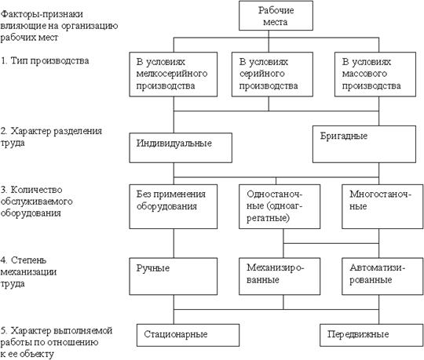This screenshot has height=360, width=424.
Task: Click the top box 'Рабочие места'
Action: pyautogui.click(x=276, y=16)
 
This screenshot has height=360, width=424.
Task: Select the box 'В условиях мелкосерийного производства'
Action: pyautogui.click(x=173, y=75)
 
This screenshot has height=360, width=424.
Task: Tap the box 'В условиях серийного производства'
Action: pyautogui.click(x=272, y=75)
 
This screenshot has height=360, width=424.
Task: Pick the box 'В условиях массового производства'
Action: pyautogui.click(x=375, y=75)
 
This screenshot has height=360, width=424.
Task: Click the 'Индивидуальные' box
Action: pyautogui.click(x=181, y=147)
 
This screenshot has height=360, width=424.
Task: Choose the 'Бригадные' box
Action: pyautogui.click(x=364, y=144)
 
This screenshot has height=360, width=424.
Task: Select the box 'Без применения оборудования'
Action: pyautogui.click(x=173, y=206)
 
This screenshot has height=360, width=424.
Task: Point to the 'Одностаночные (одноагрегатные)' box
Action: pyautogui.click(x=280, y=206)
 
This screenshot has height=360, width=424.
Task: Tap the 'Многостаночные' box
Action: pyautogui.click(x=382, y=206)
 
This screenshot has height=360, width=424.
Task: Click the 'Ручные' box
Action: pyautogui.click(x=173, y=276)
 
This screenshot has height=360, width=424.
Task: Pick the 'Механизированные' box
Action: pyautogui.click(x=280, y=276)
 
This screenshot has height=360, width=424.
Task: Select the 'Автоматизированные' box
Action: pyautogui.click(x=382, y=276)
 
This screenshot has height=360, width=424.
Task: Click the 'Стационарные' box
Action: pyautogui.click(x=188, y=335)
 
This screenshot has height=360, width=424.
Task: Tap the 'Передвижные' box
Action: pyautogui.click(x=371, y=335)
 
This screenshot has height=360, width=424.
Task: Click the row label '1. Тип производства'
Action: pyautogui.click(x=45, y=60)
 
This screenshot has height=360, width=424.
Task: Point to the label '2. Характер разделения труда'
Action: pyautogui.click(x=51, y=137)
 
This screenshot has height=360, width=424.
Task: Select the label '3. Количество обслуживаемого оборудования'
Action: pyautogui.click(x=36, y=202)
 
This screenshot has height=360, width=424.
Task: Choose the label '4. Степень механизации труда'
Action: pyautogui.click(x=28, y=272)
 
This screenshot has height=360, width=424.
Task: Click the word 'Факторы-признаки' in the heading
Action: pyautogui.click(x=42, y=14)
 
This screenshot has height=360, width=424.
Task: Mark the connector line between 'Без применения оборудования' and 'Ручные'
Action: pyautogui.click(x=174, y=243)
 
